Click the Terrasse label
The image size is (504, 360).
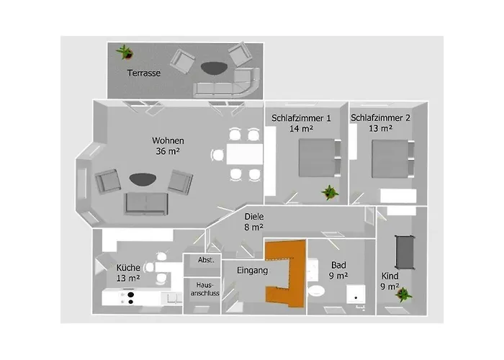pyautogui.click(x=144, y=73)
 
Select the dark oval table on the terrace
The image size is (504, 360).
pyautogui.click(x=214, y=68)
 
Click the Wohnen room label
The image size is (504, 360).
pyautogui.click(x=168, y=140)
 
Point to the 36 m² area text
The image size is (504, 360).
pyautogui.click(x=168, y=150)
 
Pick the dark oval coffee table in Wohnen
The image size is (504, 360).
pyautogui.click(x=143, y=179)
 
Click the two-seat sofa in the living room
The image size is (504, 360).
pyautogui.click(x=146, y=204)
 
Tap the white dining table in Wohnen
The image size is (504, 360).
pyautogui.click(x=245, y=154)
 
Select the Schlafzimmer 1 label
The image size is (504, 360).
pyautogui.click(x=301, y=118)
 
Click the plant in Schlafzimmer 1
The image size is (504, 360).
pyautogui.click(x=330, y=192)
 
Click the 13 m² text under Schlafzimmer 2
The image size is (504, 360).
pyautogui.click(x=380, y=128)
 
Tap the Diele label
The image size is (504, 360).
pyautogui.click(x=254, y=217)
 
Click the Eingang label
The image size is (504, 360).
pyautogui.click(x=252, y=270)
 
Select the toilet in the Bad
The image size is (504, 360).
pyautogui.click(x=317, y=291)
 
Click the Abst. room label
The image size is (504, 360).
pyautogui.click(x=206, y=260)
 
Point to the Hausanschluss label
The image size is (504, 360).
pyautogui.click(x=204, y=289)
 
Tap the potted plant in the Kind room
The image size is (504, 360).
pyautogui.click(x=403, y=294)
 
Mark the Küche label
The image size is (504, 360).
pyautogui.click(x=128, y=267)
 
